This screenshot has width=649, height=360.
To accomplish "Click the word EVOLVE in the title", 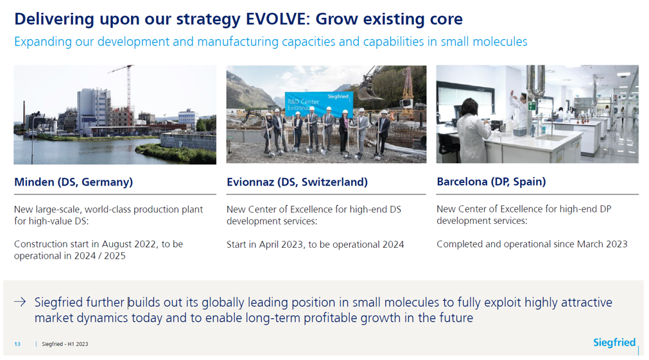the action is [278, 19].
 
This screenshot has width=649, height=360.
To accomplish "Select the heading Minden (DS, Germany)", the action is [74, 182].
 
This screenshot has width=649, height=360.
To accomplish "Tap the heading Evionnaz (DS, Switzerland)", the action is [297, 182].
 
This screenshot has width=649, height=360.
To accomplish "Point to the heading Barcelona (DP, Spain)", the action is [491, 182].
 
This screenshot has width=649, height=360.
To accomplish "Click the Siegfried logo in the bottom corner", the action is [614, 342].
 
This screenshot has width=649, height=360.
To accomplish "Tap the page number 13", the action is [17, 344].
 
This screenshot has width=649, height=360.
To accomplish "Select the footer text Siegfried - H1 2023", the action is [65, 344].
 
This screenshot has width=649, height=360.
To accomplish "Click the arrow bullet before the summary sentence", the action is [20, 302].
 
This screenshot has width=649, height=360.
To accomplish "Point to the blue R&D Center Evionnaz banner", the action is [318, 103].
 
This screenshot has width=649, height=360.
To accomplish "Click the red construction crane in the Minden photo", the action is [129, 93].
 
